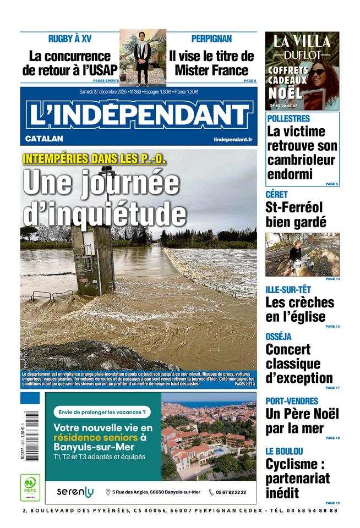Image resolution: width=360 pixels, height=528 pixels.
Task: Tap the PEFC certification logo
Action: [x=30, y=487]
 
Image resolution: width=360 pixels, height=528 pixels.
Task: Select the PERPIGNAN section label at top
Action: [x=211, y=39]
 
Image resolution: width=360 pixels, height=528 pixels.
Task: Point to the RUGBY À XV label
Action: [x=70, y=39]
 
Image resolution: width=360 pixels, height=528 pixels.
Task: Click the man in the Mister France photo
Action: [x=142, y=58]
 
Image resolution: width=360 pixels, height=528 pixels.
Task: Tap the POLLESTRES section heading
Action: [x=288, y=118]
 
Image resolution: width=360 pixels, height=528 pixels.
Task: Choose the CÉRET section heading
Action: [x=276, y=195]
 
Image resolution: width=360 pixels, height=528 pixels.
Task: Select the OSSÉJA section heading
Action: [x=279, y=337]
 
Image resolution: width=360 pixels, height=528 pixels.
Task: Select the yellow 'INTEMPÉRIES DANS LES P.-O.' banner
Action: [x=94, y=159]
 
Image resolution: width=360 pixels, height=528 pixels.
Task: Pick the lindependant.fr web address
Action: [x=233, y=140]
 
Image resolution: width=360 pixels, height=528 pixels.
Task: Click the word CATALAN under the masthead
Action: [x=44, y=139]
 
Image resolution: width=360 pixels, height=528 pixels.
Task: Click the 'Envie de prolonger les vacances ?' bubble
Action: [x=102, y=411]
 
